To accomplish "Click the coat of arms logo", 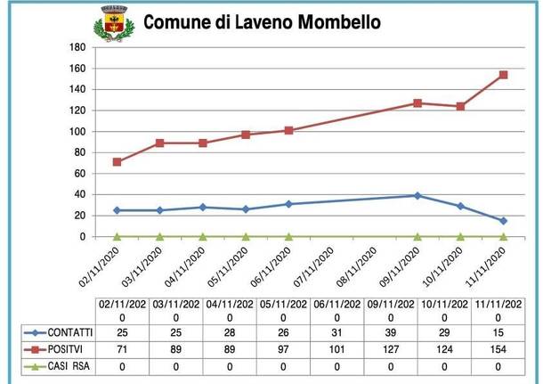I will coord(113,25).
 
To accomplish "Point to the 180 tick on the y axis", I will coord(77,47).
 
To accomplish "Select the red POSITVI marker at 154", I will coord(504,75).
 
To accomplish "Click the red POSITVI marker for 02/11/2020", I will coord(117,162).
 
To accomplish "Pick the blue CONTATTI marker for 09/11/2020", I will coord(417,195).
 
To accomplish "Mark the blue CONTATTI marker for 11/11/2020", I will coord(504,221).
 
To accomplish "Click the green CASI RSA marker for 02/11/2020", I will coord(117,237).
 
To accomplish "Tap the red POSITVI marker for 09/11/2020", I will coord(417,103).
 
